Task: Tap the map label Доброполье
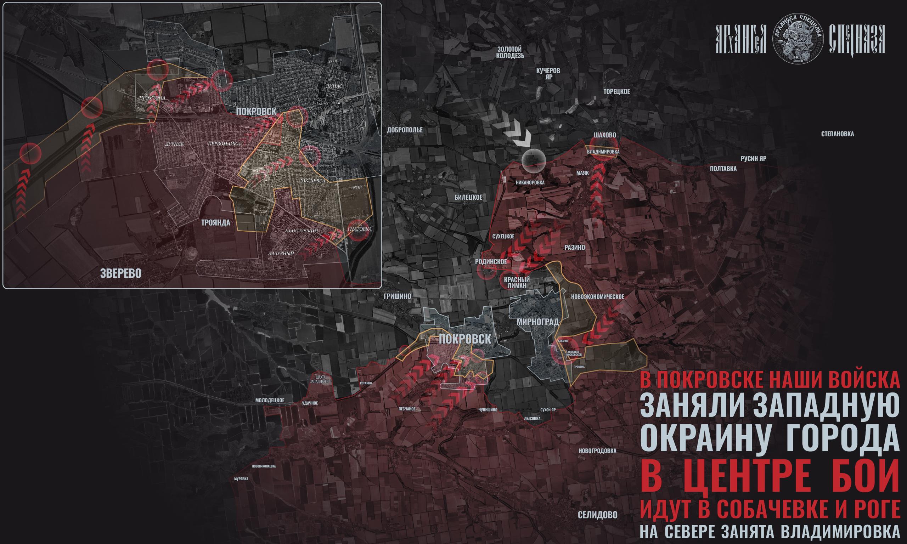[x=405, y=130]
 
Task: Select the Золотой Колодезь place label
[x=509, y=52]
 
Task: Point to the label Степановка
[x=837, y=134]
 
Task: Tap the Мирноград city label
[x=537, y=322]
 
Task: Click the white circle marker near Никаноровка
[x=534, y=160]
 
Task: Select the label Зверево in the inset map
[x=120, y=273]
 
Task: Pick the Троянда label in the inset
[x=215, y=222]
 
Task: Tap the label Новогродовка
[x=597, y=451]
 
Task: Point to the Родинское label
[x=491, y=261]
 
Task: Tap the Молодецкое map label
[x=270, y=400]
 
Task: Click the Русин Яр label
[x=753, y=159]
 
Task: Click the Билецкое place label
[x=468, y=197]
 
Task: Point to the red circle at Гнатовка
[x=357, y=230]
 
